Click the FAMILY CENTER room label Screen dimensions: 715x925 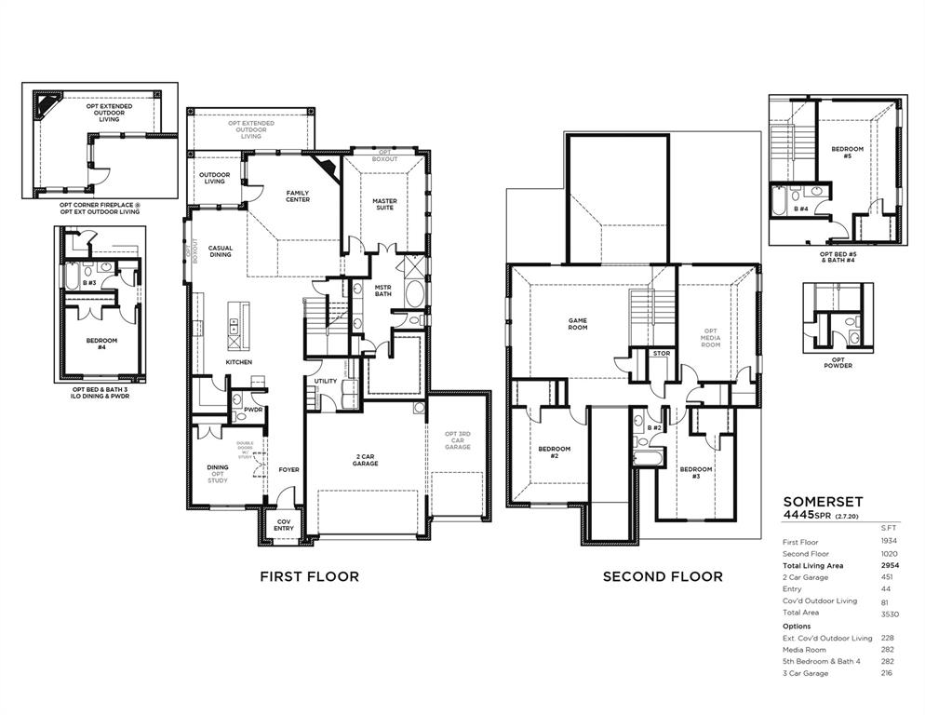(x=298, y=196)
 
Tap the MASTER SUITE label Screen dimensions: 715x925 (x=383, y=204)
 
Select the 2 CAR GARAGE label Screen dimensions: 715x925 (x=365, y=459)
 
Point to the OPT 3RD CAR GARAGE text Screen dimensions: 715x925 (x=457, y=440)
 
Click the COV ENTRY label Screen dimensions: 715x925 (x=283, y=525)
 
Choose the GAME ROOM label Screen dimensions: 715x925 (x=578, y=324)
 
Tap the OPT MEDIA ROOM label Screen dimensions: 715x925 (x=710, y=338)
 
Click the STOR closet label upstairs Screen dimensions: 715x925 (x=661, y=354)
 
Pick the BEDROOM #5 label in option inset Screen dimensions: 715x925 (x=848, y=153)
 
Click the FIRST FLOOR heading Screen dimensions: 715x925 (x=309, y=576)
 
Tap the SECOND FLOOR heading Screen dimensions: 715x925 (x=662, y=576)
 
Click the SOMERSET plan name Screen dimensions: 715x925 (x=816, y=500)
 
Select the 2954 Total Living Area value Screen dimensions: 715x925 (x=890, y=565)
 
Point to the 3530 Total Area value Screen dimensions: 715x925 (x=890, y=614)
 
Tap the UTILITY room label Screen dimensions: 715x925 (x=325, y=381)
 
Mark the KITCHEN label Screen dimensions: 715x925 (x=239, y=362)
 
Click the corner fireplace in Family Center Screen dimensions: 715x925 (x=326, y=169)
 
